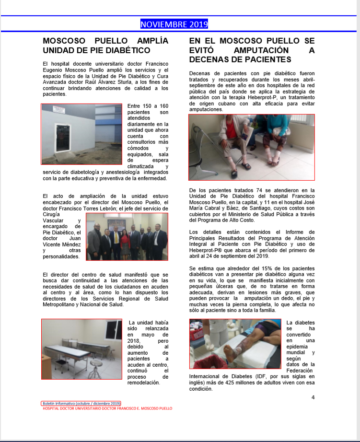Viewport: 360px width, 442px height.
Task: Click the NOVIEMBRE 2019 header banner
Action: click(174, 24)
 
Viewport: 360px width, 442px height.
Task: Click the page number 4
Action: click(313, 397)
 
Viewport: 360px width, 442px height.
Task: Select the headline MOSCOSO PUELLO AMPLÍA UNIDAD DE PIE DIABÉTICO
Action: click(105, 46)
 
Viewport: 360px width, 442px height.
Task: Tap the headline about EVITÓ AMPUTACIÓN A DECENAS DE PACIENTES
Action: click(252, 50)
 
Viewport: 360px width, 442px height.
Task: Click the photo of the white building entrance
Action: click(81, 134)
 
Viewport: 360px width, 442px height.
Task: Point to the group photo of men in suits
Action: click(127, 236)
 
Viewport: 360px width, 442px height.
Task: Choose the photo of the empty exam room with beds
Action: click(81, 349)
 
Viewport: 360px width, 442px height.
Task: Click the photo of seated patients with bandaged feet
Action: click(251, 147)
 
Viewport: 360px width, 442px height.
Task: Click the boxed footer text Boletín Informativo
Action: click(81, 404)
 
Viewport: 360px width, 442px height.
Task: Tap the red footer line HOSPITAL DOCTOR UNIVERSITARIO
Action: click(107, 408)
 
